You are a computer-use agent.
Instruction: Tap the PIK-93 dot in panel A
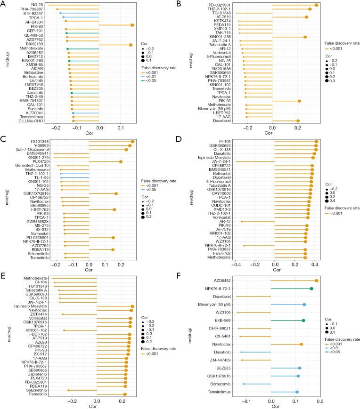point(132,25)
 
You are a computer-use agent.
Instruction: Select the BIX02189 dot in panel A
point(131,45)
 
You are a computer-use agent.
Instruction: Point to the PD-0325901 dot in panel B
point(317,5)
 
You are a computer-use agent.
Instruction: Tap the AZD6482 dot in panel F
point(317,281)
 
